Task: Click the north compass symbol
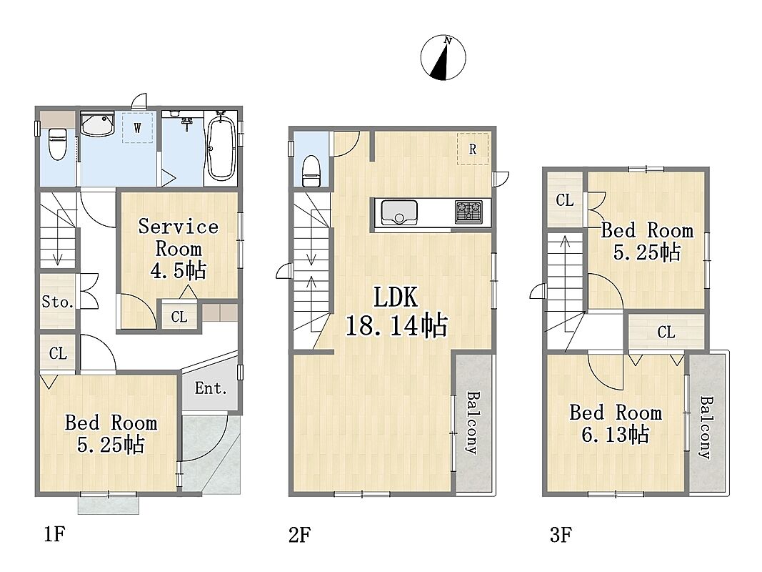point(443,57)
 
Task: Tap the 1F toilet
point(57,144)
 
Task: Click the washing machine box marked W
point(138,127)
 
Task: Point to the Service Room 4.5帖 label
point(179,249)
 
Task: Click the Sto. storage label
point(57,302)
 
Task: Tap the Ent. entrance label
point(211,388)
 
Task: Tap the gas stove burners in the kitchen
point(469,212)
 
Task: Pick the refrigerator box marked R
point(472,149)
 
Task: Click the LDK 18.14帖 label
point(396,312)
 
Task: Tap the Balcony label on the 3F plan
point(706,428)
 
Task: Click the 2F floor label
point(299,535)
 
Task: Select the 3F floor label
point(561,535)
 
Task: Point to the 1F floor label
point(54,535)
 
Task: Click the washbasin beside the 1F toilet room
point(97,124)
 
